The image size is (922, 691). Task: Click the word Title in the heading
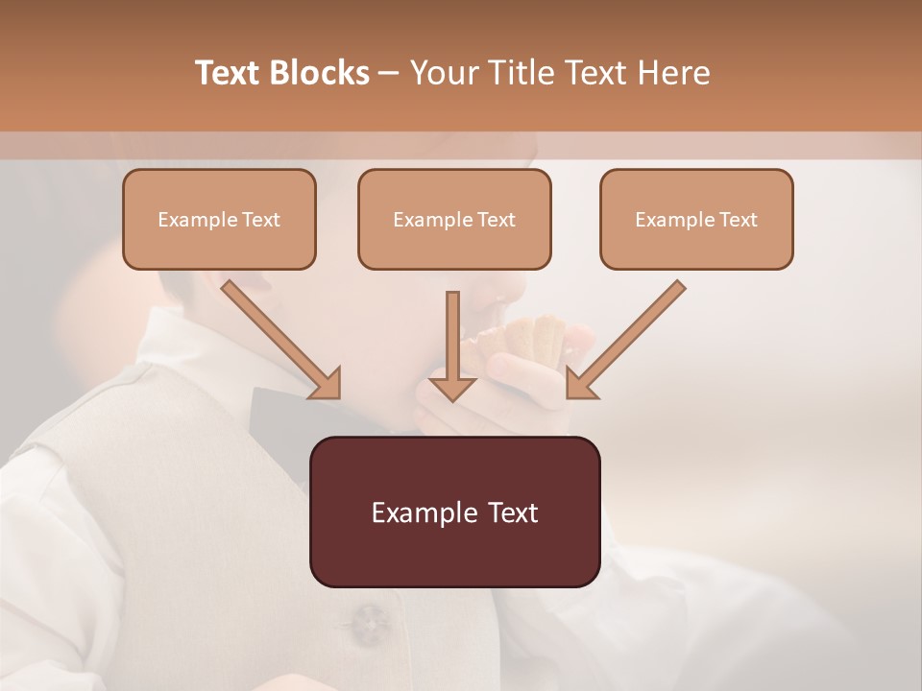[x=519, y=73]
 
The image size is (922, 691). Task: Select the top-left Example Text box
[x=219, y=219]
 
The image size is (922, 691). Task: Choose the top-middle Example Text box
[x=454, y=219]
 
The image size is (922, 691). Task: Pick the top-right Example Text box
[x=696, y=219]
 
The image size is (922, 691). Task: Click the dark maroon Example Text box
[x=454, y=512]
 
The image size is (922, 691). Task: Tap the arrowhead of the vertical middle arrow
[x=452, y=389]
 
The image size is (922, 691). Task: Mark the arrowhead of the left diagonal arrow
[x=327, y=384]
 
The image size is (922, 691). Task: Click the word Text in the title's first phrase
[x=229, y=73]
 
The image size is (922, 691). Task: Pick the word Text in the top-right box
[x=739, y=220]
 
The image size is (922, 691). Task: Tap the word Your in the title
[x=444, y=73]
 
